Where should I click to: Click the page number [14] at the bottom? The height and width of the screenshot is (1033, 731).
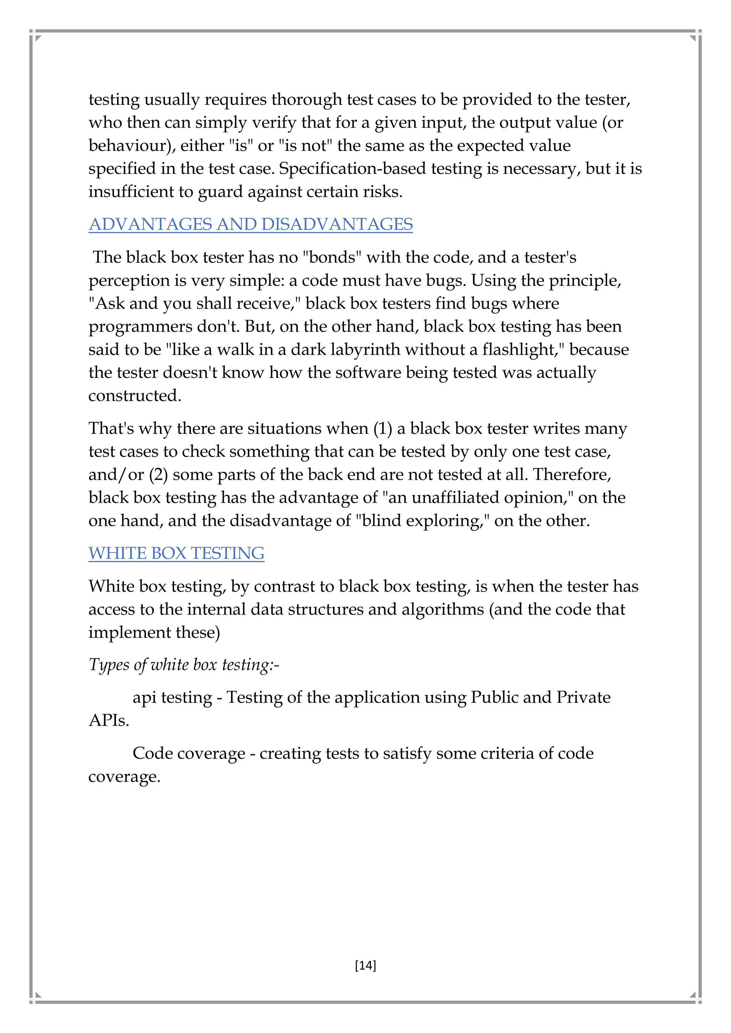365,965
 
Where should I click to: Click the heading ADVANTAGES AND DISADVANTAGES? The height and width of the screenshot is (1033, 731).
250,224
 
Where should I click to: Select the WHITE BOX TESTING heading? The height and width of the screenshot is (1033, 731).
176,553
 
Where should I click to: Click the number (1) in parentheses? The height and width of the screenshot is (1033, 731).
383,429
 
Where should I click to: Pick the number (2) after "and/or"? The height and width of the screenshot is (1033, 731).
158,475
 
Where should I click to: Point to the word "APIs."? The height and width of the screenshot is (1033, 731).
109,720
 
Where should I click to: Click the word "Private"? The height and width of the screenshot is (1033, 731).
583,697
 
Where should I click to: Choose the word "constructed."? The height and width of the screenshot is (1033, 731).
135,396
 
